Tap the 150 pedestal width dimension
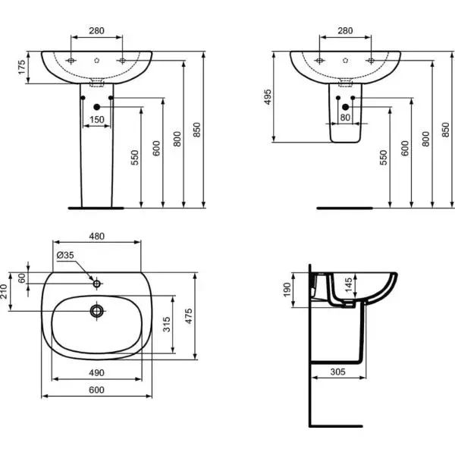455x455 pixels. click(97, 120)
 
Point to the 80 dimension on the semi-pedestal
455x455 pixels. click(345, 118)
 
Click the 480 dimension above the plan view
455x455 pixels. click(96, 236)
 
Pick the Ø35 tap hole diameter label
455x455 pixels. click(64, 255)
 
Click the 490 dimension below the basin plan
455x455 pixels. click(96, 374)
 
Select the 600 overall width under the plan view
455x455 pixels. click(96, 390)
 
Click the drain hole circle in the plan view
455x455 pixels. click(96, 310)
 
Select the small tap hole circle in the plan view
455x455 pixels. click(96, 284)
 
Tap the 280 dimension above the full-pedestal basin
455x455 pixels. click(96, 31)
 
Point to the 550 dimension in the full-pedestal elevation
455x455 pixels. click(134, 157)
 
